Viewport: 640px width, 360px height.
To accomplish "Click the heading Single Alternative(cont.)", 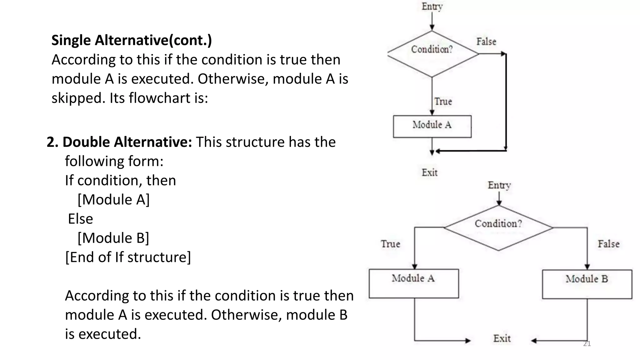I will click(x=132, y=40).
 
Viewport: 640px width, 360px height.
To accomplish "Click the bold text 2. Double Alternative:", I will click(x=119, y=142).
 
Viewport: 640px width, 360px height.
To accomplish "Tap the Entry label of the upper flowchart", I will click(x=432, y=7).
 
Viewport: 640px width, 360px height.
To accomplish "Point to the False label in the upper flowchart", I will click(x=486, y=42).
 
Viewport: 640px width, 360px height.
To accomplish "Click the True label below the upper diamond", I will click(x=443, y=102).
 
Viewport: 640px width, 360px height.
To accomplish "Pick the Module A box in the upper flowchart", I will click(x=432, y=126).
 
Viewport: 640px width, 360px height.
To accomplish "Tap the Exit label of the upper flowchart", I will click(x=430, y=172).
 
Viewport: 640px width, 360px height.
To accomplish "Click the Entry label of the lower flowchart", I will click(x=499, y=185).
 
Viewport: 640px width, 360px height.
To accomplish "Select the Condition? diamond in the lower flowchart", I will click(x=498, y=228).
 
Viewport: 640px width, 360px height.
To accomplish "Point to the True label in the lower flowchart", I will click(x=390, y=244).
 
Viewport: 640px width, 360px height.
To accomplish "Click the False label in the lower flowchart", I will click(x=608, y=244).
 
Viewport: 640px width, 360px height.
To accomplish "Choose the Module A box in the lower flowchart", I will click(x=414, y=283).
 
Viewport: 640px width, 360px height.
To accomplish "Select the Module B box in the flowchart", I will click(x=587, y=284).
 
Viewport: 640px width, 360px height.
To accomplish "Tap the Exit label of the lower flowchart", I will click(x=502, y=338).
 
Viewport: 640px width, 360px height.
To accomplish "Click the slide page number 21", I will click(x=587, y=344).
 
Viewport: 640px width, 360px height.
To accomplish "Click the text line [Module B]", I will click(x=113, y=238).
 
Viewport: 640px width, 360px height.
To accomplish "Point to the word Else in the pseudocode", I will click(x=81, y=219).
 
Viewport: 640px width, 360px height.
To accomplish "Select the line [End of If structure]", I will click(x=128, y=257).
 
